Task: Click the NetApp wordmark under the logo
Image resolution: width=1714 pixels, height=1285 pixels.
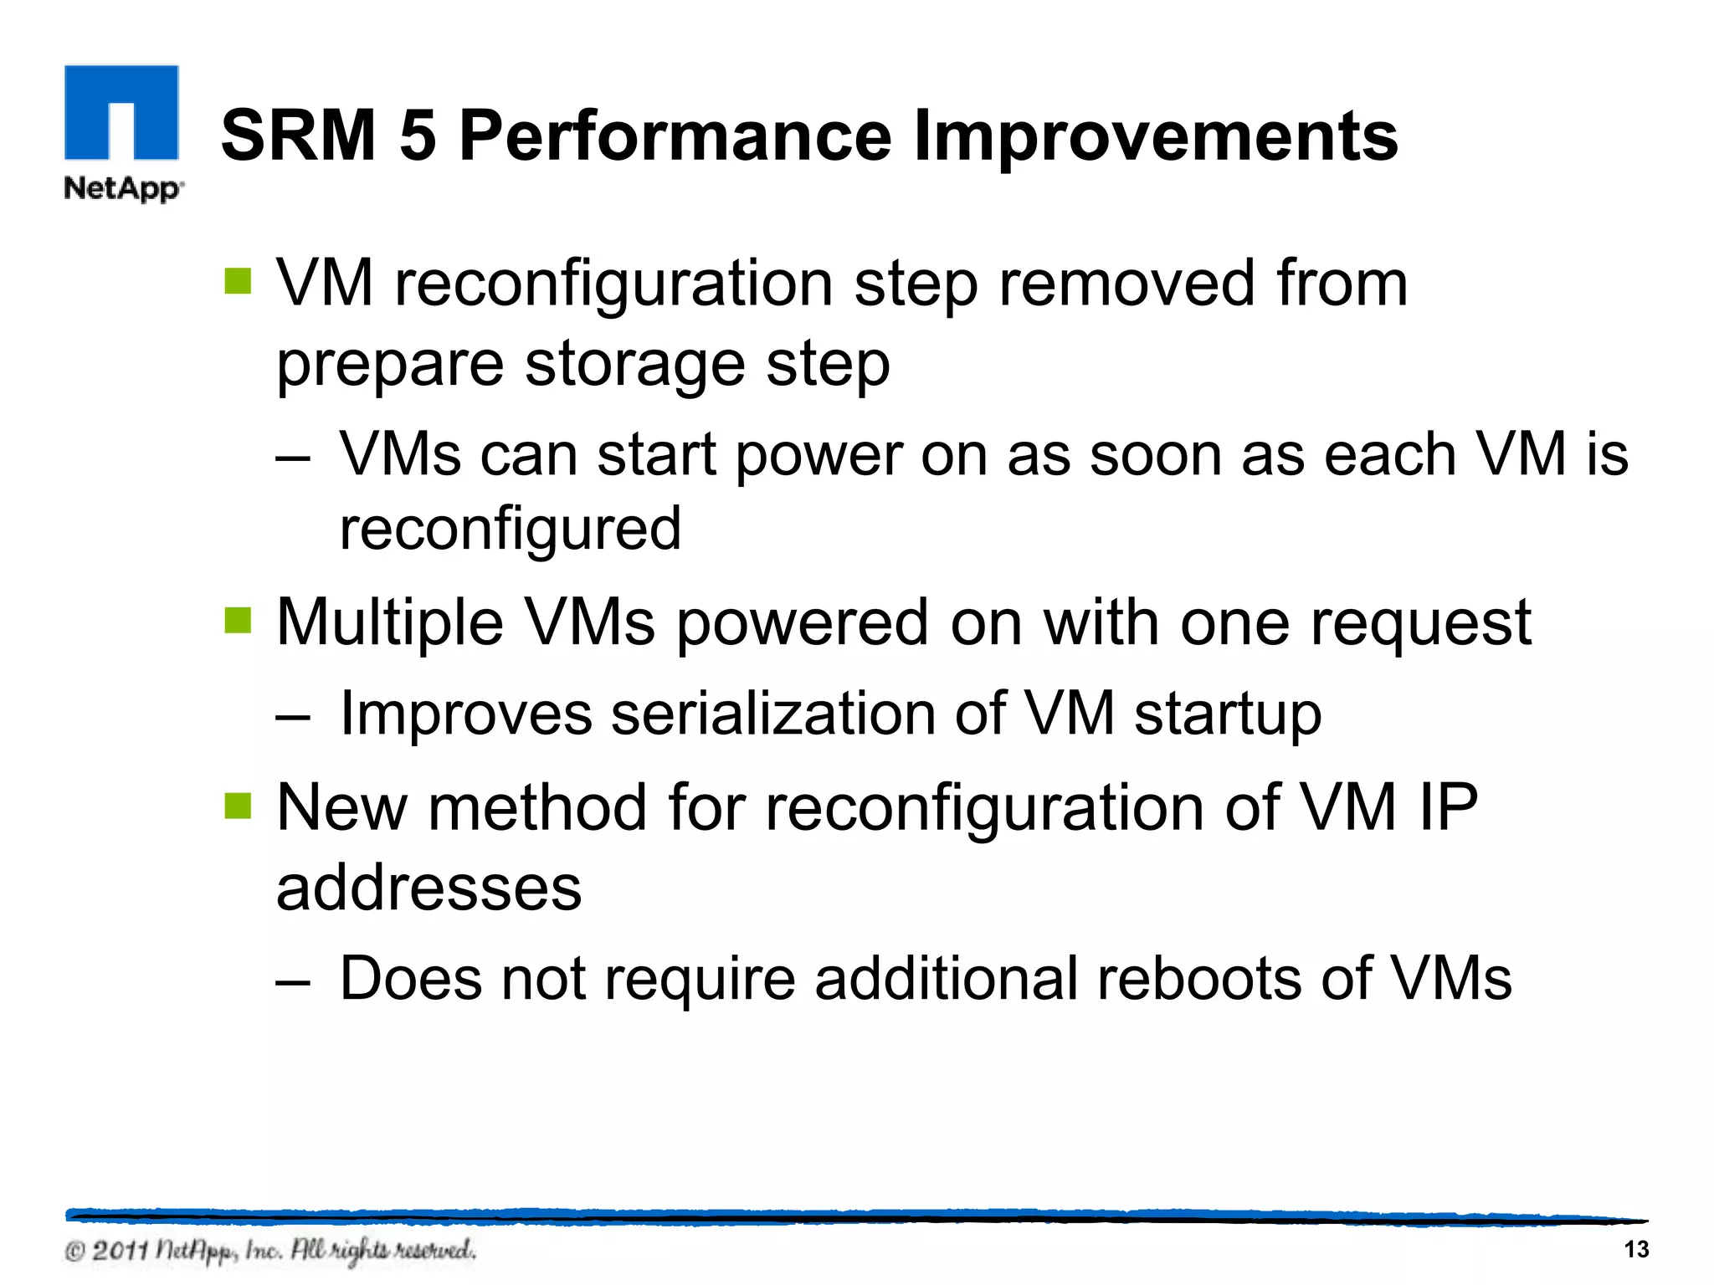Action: [123, 188]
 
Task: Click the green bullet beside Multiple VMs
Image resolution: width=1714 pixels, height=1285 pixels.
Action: [239, 621]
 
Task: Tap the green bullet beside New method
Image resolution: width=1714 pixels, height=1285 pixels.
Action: [239, 806]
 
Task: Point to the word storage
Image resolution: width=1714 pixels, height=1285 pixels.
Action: [634, 365]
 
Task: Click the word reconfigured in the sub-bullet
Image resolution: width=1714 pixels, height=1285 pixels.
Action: [511, 529]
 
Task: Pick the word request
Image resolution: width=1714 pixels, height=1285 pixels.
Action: [1420, 622]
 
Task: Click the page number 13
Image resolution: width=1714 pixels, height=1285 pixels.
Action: [1635, 1250]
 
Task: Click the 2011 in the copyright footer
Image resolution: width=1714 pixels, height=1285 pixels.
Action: [120, 1252]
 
